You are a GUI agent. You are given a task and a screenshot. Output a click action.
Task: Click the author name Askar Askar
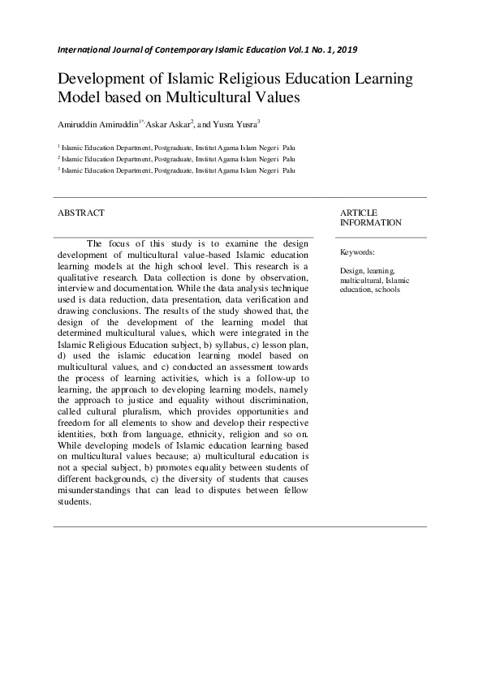166,125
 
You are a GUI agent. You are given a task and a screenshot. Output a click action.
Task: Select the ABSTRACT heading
80,213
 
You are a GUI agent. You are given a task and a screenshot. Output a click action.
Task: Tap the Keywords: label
357,252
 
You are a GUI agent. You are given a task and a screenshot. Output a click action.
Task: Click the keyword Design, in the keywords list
353,270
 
